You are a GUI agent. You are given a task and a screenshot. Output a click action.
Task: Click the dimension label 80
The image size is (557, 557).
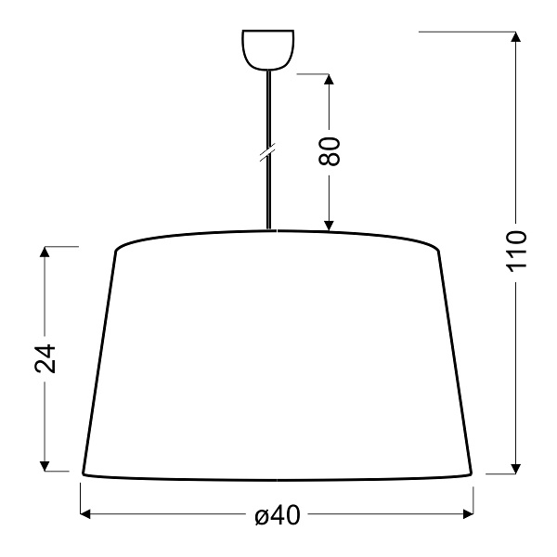[330, 150]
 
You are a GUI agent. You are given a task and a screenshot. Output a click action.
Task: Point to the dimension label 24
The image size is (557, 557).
[45, 357]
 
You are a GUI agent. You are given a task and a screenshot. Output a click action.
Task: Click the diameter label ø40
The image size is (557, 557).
[277, 516]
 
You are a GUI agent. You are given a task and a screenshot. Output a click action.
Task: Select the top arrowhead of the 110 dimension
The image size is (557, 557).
[515, 37]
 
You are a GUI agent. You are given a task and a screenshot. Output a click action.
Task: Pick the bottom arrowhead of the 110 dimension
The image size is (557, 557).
[515, 467]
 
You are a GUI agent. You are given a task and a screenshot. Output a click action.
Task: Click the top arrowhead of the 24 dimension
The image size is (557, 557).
[45, 252]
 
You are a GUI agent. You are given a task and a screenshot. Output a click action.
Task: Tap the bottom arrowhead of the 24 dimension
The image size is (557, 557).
[45, 466]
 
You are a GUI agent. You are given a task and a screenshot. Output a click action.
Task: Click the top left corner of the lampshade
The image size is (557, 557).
[115, 251]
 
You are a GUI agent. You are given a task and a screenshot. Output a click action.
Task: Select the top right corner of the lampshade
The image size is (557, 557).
[438, 250]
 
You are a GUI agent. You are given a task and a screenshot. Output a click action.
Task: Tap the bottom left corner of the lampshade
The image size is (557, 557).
[83, 473]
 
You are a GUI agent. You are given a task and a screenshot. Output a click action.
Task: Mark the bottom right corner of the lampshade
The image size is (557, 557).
[473, 473]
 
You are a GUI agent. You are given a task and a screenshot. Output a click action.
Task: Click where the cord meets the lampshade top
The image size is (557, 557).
[269, 229]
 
